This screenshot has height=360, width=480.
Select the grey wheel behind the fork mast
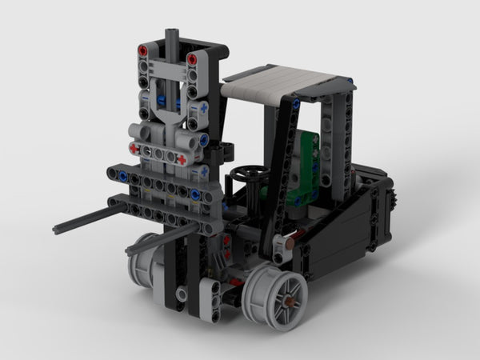coord(144,254)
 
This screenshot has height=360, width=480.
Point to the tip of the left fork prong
coord(57,229)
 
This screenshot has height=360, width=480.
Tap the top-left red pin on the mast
coord(143,50)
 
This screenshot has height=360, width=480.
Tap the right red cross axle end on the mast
coord(182,159)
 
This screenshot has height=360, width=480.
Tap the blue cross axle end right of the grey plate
coord(204,107)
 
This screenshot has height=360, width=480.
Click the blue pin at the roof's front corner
coord(295,102)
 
